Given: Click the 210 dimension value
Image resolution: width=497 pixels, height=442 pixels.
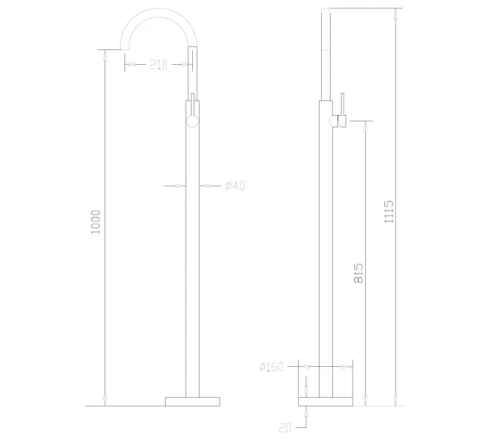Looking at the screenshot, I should [x=158, y=64].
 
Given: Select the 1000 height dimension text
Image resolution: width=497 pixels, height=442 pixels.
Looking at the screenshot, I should [x=95, y=222].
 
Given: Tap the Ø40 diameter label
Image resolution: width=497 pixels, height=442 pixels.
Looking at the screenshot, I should [x=234, y=186].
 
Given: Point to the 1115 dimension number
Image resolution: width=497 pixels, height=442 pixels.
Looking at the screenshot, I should [x=390, y=211].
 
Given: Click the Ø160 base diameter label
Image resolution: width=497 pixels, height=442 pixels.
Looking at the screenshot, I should [x=271, y=366].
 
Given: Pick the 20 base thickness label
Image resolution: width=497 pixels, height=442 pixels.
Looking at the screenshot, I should [x=286, y=427].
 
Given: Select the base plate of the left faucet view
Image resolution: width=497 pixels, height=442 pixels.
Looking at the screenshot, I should [x=192, y=400].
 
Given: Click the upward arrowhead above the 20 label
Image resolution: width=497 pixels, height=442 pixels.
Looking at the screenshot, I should [x=307, y=411].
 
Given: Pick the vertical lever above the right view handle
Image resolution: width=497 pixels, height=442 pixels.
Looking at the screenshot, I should [x=341, y=104].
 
